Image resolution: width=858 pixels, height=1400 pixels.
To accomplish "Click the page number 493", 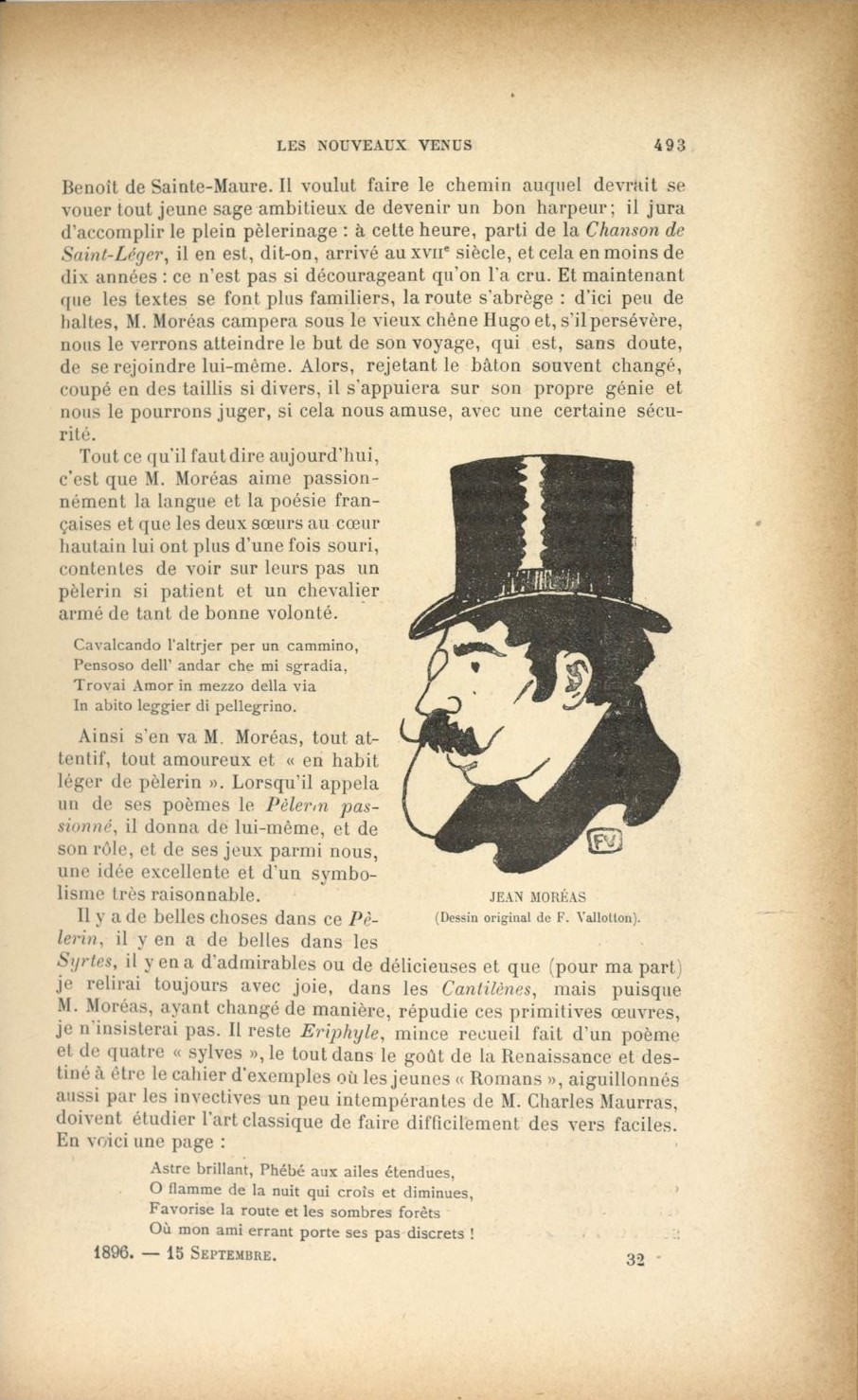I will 670,146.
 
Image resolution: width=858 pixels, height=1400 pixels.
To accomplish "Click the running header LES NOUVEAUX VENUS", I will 374,146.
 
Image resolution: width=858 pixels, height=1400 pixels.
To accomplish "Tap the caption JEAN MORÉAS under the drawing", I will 537,896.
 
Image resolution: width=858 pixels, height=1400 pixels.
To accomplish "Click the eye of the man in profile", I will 476,668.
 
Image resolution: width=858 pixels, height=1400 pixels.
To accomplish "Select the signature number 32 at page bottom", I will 635,1258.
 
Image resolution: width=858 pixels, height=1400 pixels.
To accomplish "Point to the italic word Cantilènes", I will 487,988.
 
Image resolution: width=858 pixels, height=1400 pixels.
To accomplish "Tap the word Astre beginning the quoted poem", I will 170,1169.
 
